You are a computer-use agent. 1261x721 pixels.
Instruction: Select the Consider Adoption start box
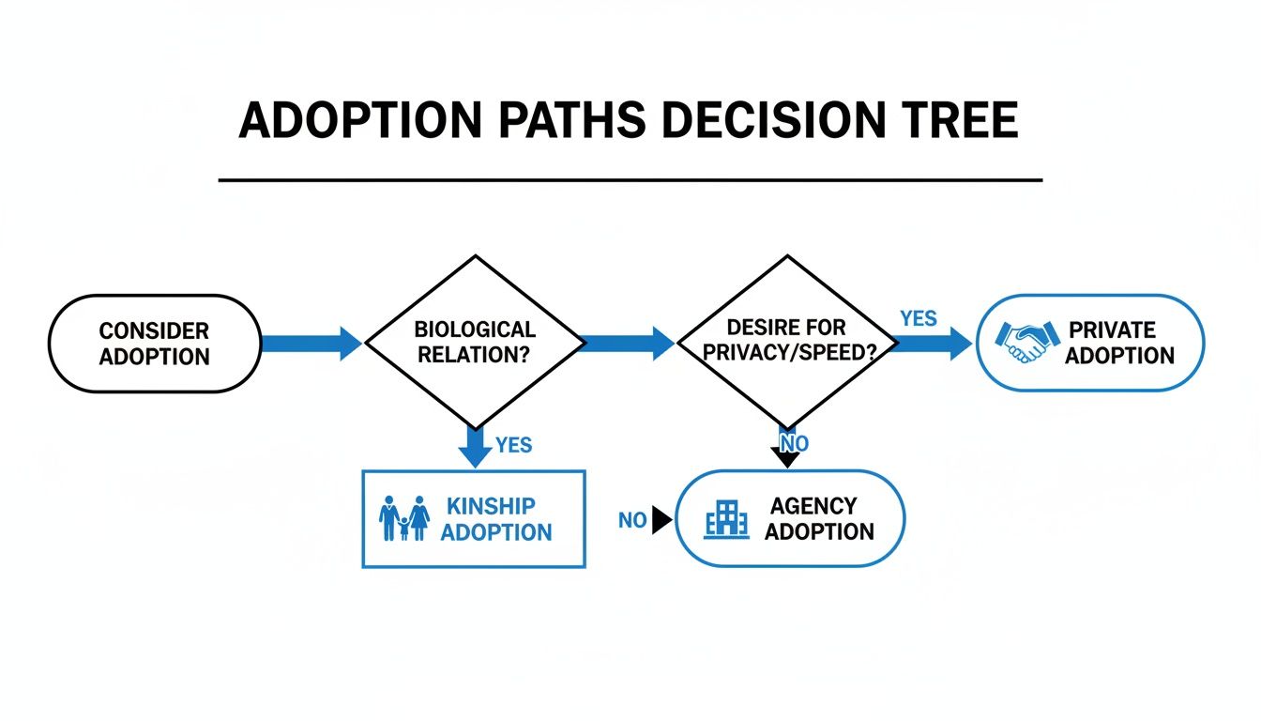[x=155, y=344]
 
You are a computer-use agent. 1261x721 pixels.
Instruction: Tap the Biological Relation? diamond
[x=475, y=344]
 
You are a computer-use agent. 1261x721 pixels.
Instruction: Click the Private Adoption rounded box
[x=1090, y=343]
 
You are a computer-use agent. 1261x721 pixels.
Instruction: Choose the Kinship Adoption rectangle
[x=474, y=519]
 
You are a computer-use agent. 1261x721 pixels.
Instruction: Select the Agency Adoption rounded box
[x=790, y=519]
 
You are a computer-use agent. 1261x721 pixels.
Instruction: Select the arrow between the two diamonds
[x=628, y=344]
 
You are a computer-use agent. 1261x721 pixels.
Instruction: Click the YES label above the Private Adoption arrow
[x=918, y=319]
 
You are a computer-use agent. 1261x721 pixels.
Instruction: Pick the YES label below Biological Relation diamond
[x=513, y=445]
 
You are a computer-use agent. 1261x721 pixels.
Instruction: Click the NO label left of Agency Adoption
[x=632, y=520]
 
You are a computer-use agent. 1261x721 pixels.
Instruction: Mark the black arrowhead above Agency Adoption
[x=788, y=458]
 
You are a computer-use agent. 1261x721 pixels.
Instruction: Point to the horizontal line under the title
[x=630, y=179]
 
